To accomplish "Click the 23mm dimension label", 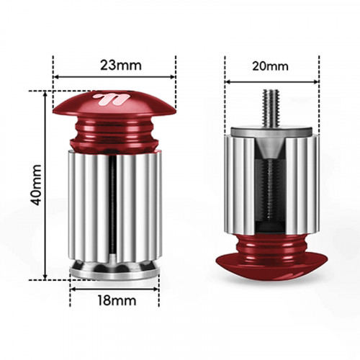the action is pyautogui.click(x=121, y=65).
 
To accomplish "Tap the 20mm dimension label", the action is pyautogui.click(x=270, y=66).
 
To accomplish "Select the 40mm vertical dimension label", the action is pyautogui.click(x=36, y=185).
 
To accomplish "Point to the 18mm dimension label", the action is pyautogui.click(x=117, y=300).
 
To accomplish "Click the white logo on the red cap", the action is pyautogui.click(x=111, y=99).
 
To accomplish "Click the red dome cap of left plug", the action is pyautogui.click(x=114, y=104).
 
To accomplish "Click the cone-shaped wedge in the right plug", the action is pyautogui.click(x=271, y=148).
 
